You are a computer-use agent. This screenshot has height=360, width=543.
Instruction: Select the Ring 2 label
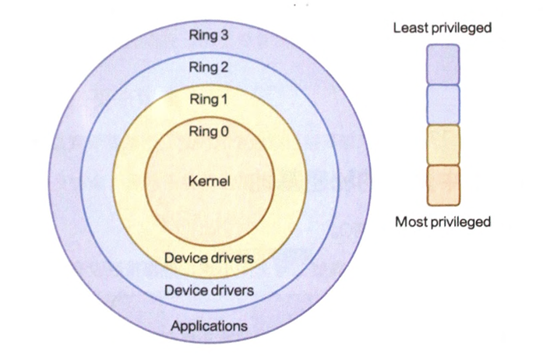coord(209,67)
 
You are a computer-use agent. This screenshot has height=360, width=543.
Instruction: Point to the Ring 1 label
coord(209,99)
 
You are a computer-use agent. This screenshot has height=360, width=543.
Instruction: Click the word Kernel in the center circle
coord(209,182)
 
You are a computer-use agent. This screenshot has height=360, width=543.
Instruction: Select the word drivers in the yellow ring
coord(232,257)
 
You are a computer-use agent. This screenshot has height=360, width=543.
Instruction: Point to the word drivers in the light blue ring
coord(232,291)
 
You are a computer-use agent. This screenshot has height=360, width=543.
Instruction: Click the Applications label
coord(209,325)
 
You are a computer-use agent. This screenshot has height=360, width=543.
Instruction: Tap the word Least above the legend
coord(410,28)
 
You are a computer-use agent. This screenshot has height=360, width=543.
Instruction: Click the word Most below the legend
coord(411,222)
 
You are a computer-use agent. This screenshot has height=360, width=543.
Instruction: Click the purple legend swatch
coord(443,64)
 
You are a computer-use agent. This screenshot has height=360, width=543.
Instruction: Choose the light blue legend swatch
coord(443,104)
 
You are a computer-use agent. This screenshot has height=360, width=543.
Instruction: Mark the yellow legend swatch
coord(443,145)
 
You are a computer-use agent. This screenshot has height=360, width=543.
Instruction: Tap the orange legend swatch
coord(443,185)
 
